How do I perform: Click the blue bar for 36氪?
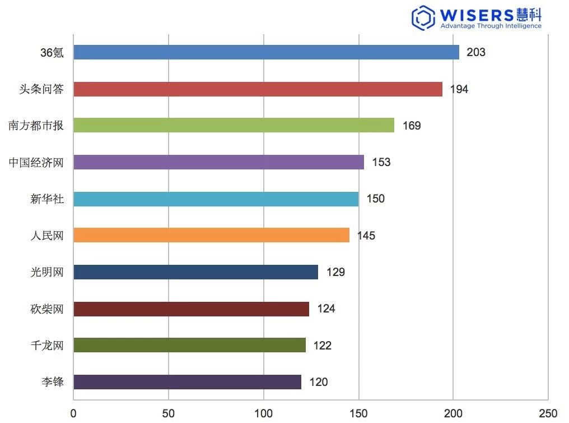coord(266,52)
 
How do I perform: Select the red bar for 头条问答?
coord(258,89)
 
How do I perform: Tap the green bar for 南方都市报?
coord(234,125)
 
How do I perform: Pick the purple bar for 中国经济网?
coord(218,162)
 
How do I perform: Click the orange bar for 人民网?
coord(211,235)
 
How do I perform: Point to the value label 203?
coord(475,53)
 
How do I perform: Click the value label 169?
coord(411,126)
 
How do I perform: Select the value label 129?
coord(335,272)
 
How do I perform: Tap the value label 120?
coord(318,382)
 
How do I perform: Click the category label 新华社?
coord(47,199)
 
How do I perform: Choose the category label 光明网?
coord(47,272)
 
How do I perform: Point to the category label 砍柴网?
coord(47,309)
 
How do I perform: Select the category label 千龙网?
coord(47,346)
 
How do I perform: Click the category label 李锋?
coord(53,382)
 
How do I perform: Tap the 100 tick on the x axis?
coord(263,414)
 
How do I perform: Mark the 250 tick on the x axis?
coord(548,414)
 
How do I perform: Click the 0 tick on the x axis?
coord(73,414)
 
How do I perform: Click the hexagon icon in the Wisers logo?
coord(423,18)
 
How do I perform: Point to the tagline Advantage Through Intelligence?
coord(491,26)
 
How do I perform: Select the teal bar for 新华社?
coord(216,199)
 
